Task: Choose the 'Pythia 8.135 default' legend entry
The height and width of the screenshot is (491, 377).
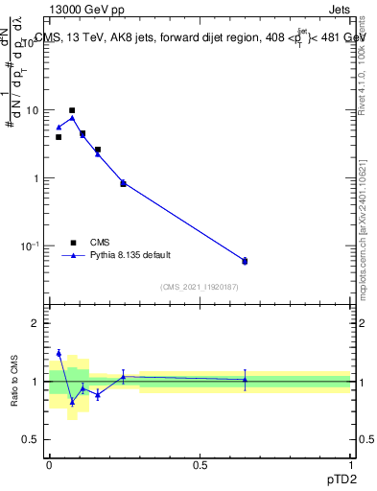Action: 123,256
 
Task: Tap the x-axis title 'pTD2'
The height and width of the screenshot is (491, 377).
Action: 336,477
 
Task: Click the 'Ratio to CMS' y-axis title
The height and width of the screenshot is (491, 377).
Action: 15,382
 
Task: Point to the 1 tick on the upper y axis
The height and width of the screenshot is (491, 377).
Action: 38,178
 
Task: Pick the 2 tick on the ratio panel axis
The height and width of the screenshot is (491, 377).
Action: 37,323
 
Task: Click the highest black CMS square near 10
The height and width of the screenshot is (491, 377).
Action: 72,110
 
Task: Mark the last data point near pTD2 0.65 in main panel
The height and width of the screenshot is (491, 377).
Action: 245,261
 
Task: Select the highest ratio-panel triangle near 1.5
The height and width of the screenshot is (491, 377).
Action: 59,353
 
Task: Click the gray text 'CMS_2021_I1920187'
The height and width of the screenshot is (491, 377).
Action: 200,287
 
